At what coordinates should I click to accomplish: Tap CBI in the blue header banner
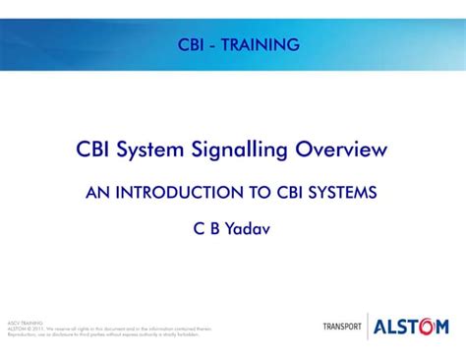pos(195,44)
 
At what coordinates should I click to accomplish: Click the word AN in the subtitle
pos(97,193)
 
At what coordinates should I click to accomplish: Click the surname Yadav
pos(250,229)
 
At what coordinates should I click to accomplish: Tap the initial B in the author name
pos(216,229)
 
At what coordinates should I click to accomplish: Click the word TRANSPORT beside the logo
pos(342,327)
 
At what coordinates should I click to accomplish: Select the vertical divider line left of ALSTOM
pos(368,326)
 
